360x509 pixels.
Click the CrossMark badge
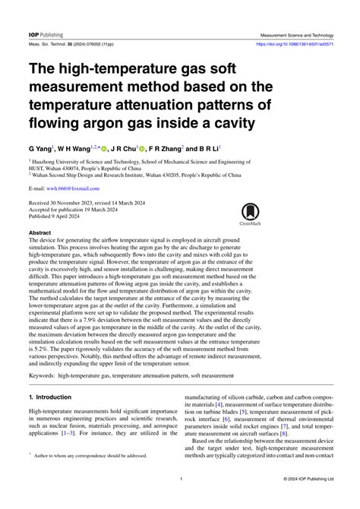point(251,214)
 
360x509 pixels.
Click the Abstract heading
point(40,232)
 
